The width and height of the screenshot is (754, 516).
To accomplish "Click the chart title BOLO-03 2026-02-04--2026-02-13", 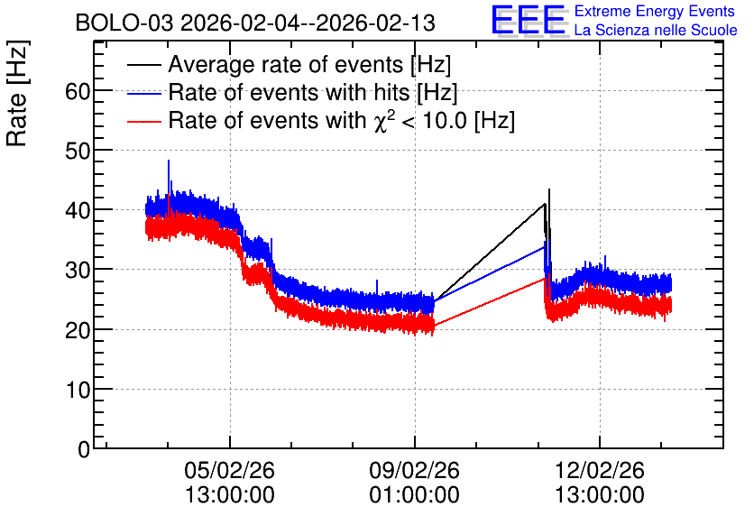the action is click(255, 23).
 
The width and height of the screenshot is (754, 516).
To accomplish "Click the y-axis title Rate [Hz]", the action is click(17, 93).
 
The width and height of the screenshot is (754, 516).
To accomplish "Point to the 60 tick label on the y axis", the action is click(78, 91).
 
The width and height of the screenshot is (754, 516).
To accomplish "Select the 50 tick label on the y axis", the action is click(78, 151).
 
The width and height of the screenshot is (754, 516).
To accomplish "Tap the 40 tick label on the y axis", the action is click(78, 210).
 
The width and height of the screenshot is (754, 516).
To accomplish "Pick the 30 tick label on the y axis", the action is click(78, 271).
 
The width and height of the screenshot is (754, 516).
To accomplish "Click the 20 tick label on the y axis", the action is click(78, 330).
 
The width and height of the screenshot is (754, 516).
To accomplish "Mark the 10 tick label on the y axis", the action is click(78, 390).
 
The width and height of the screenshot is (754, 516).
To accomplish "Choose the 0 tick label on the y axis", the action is click(84, 449).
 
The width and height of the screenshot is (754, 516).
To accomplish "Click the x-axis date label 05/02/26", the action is click(229, 470).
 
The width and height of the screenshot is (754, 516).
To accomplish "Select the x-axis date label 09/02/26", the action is click(415, 470).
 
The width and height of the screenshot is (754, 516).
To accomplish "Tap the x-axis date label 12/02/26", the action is click(600, 470).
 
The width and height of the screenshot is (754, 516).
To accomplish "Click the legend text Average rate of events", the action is click(286, 65).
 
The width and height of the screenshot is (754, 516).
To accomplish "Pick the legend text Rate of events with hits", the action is click(289, 92).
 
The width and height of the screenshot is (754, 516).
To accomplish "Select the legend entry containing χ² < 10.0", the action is click(342, 120).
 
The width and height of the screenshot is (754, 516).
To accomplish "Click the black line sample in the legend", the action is click(143, 65).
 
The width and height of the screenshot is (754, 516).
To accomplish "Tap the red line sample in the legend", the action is click(143, 121).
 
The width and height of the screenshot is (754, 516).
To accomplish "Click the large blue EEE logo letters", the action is click(529, 20).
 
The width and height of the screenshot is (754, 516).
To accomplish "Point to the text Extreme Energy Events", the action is click(655, 11).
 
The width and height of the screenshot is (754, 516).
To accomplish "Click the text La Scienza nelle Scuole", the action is click(656, 30).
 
